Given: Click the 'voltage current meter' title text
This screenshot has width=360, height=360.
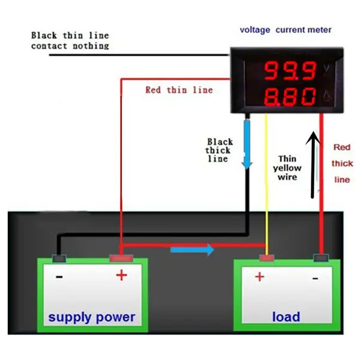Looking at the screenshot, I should point(286,29).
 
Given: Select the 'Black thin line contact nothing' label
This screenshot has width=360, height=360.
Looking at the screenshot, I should point(70,40).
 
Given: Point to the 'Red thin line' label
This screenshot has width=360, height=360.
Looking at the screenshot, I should point(179,90).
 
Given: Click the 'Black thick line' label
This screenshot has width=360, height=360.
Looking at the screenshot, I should point(220,150).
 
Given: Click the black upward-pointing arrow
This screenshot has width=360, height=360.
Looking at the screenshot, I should point(311,165).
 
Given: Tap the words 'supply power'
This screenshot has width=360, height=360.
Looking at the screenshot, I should point(92,317).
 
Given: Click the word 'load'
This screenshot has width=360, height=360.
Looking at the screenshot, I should point(286,317).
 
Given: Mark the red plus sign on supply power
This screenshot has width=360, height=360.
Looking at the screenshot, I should point(121,275).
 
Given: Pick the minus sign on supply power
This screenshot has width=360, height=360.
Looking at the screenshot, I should point(59,277).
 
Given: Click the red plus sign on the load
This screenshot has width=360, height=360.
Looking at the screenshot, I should point(260,277).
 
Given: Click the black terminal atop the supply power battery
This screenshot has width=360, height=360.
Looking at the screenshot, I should point(58,259).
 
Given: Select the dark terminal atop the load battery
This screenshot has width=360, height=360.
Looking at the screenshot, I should point(321,259).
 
